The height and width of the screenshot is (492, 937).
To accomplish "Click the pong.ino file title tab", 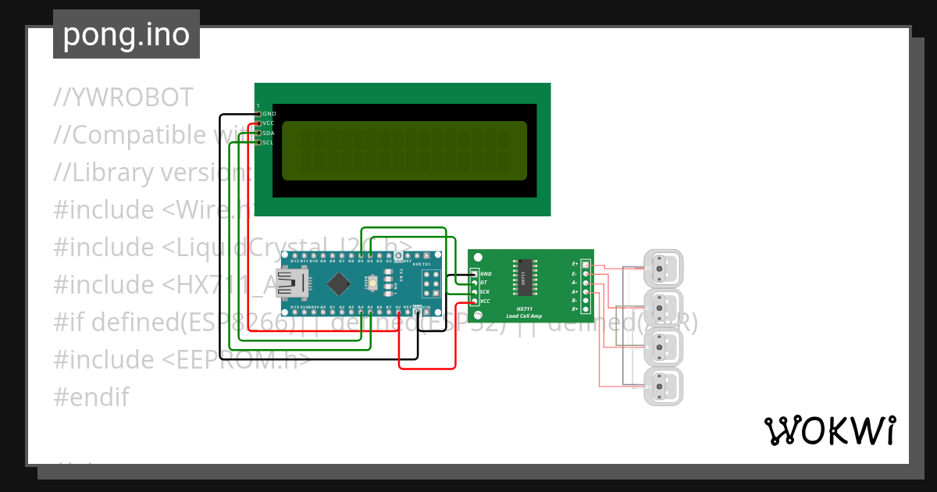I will (x=126, y=34).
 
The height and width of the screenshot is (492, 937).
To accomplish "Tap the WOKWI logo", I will (x=828, y=431).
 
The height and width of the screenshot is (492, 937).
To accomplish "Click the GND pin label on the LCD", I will (x=269, y=113).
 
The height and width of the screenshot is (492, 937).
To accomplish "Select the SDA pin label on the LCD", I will (x=269, y=133).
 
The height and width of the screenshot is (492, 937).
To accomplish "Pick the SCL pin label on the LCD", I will (x=269, y=143).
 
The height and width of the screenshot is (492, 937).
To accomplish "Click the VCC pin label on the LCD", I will (x=269, y=123).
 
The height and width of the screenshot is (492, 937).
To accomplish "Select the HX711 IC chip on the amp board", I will (x=526, y=277).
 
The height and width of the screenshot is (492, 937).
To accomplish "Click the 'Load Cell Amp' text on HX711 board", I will (x=523, y=316).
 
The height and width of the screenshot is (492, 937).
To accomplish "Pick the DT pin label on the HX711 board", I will (x=484, y=283).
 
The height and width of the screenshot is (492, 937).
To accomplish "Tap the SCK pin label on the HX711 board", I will (x=485, y=291).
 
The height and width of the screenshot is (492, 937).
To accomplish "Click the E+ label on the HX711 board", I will (x=575, y=265).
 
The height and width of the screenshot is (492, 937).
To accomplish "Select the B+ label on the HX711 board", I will (x=575, y=309).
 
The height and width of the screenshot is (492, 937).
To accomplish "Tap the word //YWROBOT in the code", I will (x=123, y=98).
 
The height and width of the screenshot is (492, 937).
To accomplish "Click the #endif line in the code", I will (x=91, y=398).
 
